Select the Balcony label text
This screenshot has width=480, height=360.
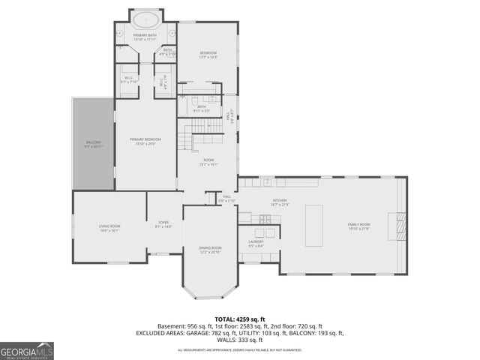tap(94, 143)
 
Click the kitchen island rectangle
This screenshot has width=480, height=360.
tap(313, 226)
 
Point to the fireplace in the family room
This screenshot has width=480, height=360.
tap(397, 225)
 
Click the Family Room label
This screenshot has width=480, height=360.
tap(358, 226)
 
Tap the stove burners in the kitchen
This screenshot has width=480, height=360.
tap(265, 219)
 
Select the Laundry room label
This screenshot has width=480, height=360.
tap(255, 242)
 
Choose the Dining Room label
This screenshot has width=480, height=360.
tap(210, 250)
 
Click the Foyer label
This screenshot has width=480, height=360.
tap(163, 223)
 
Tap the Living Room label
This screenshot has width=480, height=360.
tap(109, 227)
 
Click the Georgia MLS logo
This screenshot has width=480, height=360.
tap(27, 350)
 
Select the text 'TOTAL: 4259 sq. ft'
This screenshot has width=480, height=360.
tap(239, 319)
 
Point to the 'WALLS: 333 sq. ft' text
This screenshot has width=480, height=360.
tap(239, 340)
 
